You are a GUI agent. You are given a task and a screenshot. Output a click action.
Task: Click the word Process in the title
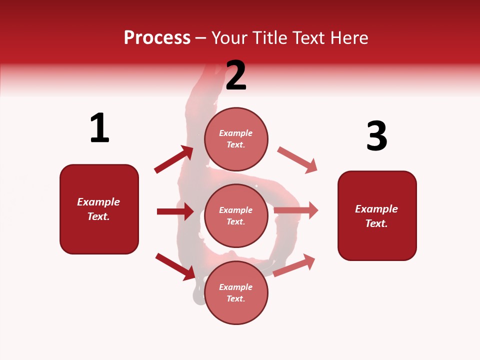tap(157, 38)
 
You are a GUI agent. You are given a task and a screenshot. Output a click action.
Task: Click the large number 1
tap(99, 128)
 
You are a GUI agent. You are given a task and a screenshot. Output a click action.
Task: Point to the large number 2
tap(236, 75)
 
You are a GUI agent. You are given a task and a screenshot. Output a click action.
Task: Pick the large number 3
tap(376, 136)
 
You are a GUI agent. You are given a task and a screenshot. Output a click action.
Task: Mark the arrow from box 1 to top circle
tap(174, 159)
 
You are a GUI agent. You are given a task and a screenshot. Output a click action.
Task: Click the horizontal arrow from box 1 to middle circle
tap(175, 211)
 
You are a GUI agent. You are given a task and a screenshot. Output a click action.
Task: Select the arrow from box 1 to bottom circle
tap(175, 266)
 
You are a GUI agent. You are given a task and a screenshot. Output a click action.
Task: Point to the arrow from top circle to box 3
tap(297, 160)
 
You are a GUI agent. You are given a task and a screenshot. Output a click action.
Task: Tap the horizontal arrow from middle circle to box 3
tap(296, 210)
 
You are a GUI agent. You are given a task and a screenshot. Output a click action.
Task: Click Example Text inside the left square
tap(98, 209)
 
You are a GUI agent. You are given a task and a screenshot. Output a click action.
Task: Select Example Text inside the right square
tap(376, 216)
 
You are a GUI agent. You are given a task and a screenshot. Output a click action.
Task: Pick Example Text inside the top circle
tap(236, 139)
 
